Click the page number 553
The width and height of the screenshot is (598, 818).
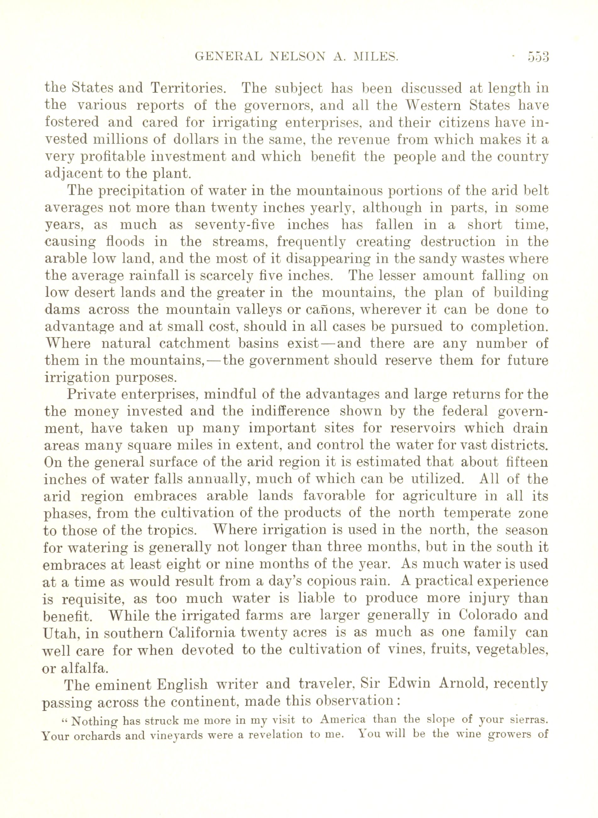point(538,57)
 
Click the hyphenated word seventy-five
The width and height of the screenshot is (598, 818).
point(234,225)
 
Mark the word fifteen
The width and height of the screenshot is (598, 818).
point(527,462)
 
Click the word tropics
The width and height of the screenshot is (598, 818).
point(175,531)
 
